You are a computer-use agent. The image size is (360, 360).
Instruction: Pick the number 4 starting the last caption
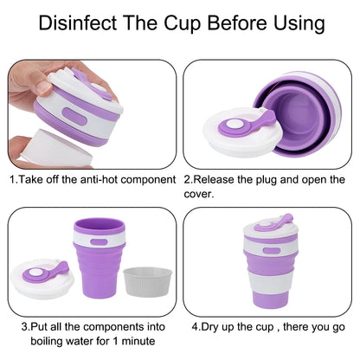194,329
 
